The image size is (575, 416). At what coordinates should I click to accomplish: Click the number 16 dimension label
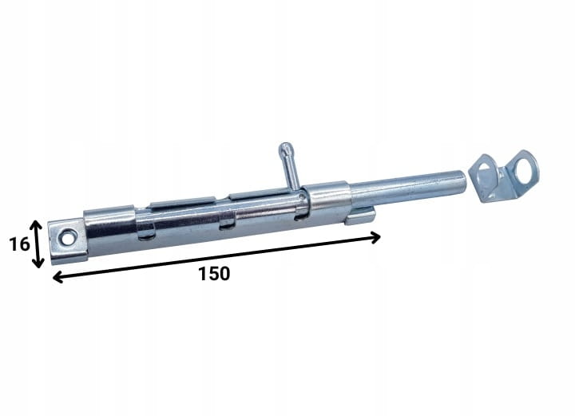click(x=19, y=244)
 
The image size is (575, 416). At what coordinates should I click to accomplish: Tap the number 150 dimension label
click(x=214, y=274)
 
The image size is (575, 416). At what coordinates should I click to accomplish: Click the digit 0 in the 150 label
click(x=224, y=274)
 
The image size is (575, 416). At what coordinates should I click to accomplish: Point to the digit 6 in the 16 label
click(x=24, y=244)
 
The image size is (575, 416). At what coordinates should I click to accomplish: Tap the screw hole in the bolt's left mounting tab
click(x=67, y=239)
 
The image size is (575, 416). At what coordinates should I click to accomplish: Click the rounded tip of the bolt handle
click(x=285, y=148)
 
